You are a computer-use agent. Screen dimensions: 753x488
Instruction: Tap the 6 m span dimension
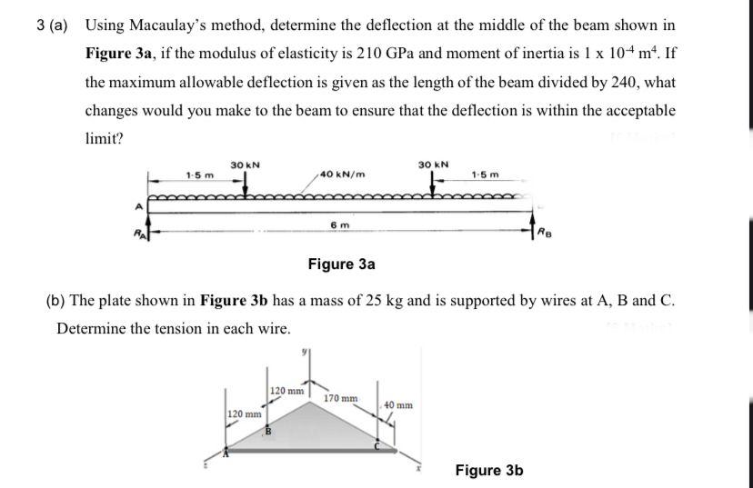(x=337, y=224)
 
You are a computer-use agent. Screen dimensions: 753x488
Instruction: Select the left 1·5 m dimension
(x=199, y=174)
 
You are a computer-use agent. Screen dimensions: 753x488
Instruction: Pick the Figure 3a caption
(x=341, y=264)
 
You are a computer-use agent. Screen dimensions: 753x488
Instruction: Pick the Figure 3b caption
(x=489, y=470)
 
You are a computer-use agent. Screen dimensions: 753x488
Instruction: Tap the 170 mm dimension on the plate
(x=342, y=398)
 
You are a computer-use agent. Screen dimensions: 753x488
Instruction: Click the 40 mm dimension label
(x=398, y=404)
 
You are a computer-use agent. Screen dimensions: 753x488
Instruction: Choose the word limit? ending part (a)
(x=105, y=139)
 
